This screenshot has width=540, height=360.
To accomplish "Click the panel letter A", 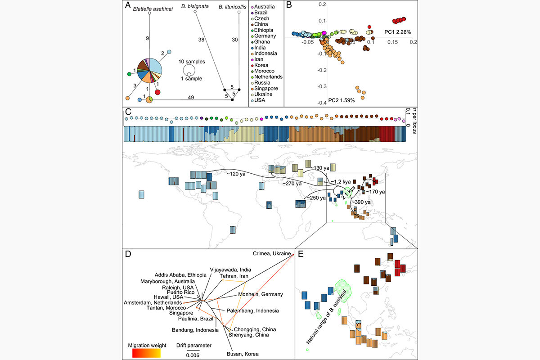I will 129,6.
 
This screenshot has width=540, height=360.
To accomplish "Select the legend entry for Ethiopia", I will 265,30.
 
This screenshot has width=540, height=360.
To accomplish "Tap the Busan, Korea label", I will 243,354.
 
